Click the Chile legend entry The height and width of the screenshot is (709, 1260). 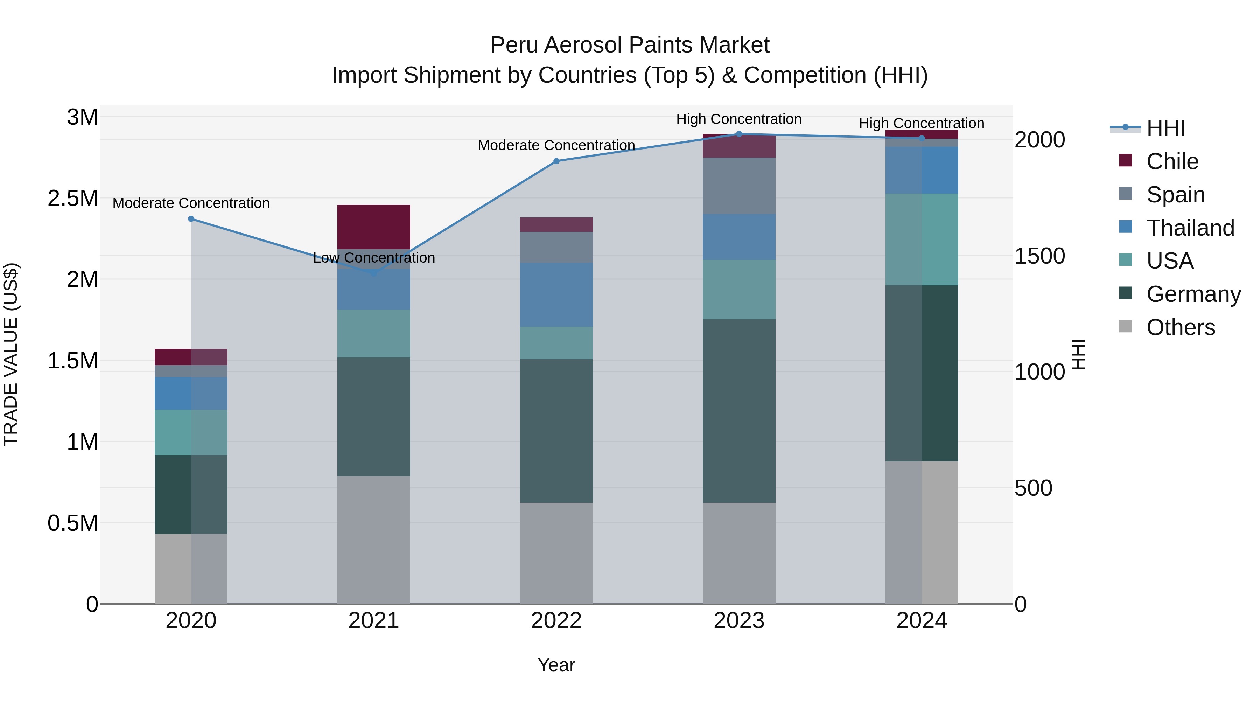[x=1172, y=161]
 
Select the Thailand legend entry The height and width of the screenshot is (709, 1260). [x=1190, y=228]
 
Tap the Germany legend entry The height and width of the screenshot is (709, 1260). [x=1193, y=294]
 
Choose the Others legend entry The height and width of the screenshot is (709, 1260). [x=1180, y=327]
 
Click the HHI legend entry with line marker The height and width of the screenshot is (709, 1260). [x=1165, y=128]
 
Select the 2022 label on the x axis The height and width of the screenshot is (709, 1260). [x=556, y=621]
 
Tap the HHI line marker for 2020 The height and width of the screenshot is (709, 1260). [x=191, y=219]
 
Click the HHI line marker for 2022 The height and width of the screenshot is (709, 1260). [x=556, y=161]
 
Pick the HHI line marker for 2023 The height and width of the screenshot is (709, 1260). [x=739, y=134]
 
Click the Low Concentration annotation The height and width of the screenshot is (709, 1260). [x=374, y=258]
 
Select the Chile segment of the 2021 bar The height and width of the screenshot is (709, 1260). [x=374, y=227]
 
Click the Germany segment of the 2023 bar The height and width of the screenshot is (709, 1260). [x=739, y=411]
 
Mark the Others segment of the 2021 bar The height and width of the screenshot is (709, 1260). [x=374, y=540]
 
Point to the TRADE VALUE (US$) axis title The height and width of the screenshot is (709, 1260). [x=11, y=354]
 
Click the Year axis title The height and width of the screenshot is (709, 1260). [x=556, y=665]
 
